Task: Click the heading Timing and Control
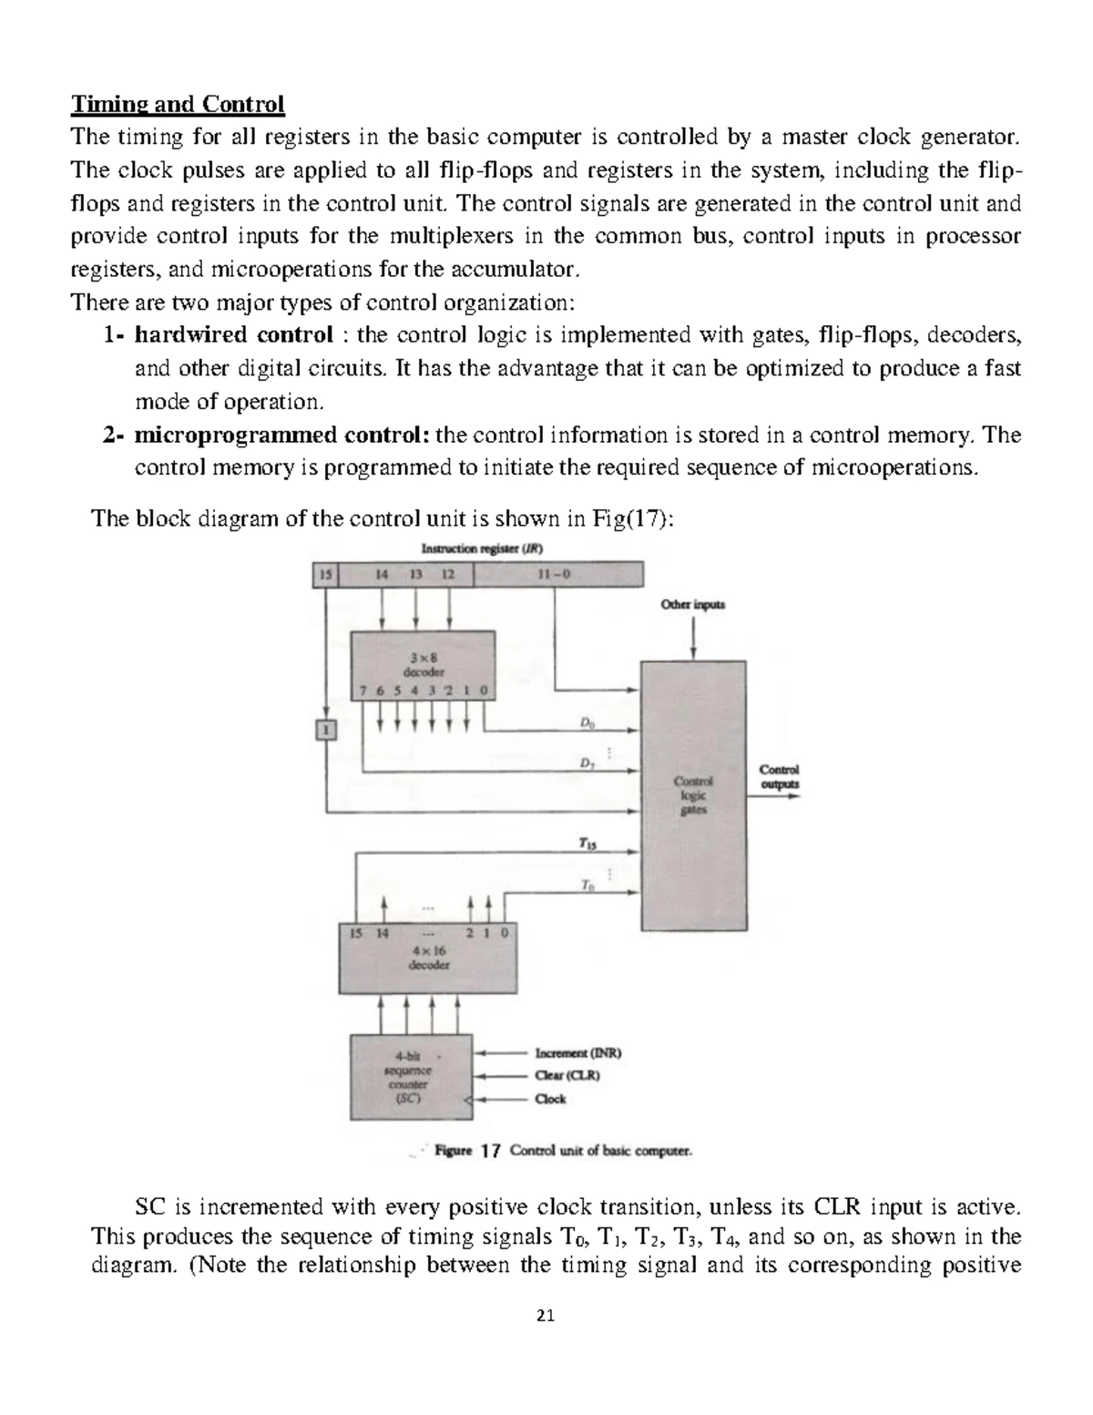coord(178,105)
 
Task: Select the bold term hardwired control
coord(233,335)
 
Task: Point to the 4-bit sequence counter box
coord(411,1078)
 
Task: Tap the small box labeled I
coord(326,729)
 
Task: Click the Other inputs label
coord(693,604)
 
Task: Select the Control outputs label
coord(779,776)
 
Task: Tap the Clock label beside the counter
coord(550,1099)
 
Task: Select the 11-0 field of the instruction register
coord(557,575)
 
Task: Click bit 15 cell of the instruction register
coord(325,575)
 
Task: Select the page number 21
coord(546,1316)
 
